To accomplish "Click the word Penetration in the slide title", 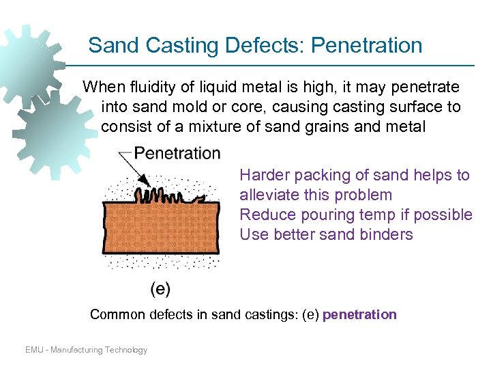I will [x=367, y=46].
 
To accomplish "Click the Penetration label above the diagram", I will [x=177, y=153].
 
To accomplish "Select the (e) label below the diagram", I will [x=160, y=288].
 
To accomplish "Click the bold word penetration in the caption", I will [x=359, y=315].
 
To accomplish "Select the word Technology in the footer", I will [x=125, y=350].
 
